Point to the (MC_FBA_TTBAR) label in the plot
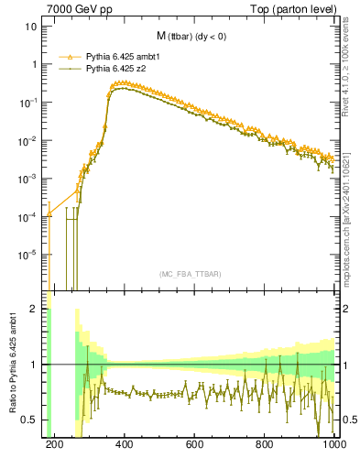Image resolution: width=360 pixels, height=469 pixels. tap(191, 274)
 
